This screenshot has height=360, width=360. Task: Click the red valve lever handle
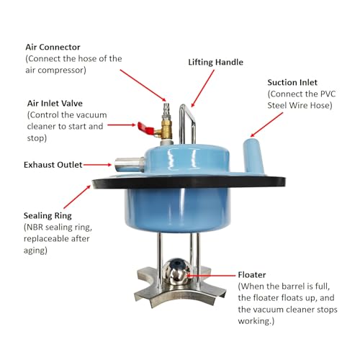click(146, 128)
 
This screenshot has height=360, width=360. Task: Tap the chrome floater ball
click(176, 271)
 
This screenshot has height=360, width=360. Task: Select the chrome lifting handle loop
click(186, 124)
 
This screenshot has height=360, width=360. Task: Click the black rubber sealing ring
click(189, 183)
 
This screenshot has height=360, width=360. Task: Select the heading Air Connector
click(53, 47)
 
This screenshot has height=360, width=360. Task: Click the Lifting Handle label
click(215, 62)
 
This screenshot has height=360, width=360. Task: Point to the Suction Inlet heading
click(292, 82)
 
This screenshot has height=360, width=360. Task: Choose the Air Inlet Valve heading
click(55, 103)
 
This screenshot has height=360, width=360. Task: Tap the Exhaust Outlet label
click(53, 165)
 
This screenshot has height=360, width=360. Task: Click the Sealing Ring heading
click(48, 215)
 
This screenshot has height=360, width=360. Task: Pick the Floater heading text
click(252, 274)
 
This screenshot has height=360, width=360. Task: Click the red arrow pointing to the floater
click(211, 276)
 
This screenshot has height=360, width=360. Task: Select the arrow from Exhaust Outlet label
click(97, 165)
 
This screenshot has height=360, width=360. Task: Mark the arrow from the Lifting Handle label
click(202, 89)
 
